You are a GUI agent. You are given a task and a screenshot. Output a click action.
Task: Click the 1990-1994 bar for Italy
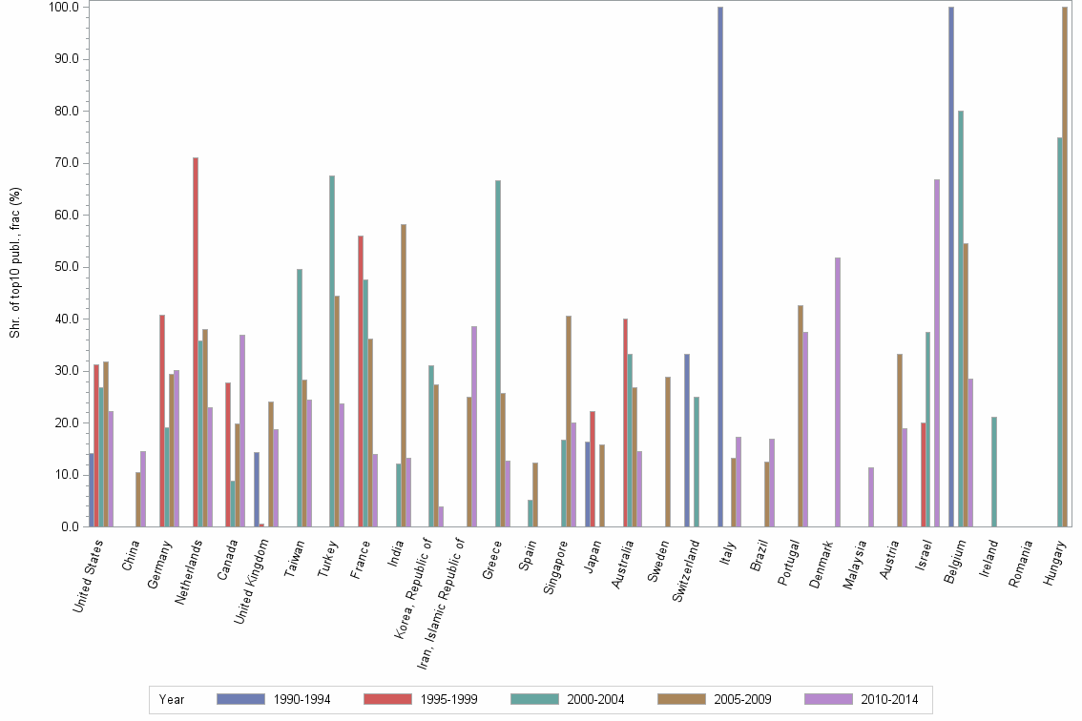(x=720, y=267)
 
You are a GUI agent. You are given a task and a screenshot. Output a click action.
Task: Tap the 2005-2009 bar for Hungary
(x=1065, y=267)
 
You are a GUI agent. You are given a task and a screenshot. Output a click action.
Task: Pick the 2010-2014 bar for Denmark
(x=838, y=392)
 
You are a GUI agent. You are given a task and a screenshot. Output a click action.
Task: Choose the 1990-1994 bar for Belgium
(x=951, y=267)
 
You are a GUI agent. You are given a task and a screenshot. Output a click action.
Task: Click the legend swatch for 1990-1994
(x=240, y=699)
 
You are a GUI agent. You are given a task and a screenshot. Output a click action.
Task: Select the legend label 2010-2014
(x=889, y=699)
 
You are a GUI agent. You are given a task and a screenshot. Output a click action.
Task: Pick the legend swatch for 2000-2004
(x=535, y=699)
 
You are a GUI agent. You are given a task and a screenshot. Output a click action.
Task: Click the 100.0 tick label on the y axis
(x=63, y=7)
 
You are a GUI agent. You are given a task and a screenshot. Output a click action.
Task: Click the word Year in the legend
(x=172, y=699)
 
